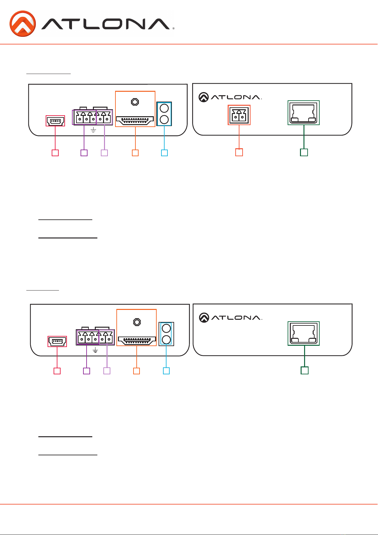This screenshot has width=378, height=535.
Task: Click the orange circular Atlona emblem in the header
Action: [x=23, y=23]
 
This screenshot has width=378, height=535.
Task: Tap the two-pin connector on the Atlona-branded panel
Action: [x=239, y=115]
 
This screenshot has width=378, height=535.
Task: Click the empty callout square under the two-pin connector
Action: [x=239, y=152]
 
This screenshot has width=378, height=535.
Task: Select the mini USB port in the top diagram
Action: [x=55, y=121]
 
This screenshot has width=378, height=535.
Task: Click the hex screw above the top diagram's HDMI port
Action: [x=135, y=102]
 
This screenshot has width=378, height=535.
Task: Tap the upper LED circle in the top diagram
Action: [x=164, y=108]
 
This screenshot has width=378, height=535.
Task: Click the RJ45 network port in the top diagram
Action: [x=303, y=113]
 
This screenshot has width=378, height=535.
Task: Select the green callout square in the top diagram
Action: [x=304, y=152]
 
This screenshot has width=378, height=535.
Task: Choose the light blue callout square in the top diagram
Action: [x=164, y=153]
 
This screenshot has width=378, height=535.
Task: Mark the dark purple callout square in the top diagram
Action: [x=84, y=153]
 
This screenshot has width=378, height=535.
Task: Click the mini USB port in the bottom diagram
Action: [x=57, y=342]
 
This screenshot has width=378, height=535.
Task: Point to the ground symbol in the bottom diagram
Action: [x=95, y=350]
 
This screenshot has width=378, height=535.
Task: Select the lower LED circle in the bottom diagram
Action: [x=166, y=339]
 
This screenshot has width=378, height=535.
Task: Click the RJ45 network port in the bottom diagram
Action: [x=303, y=333]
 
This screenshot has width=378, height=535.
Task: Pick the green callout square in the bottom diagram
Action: [x=304, y=371]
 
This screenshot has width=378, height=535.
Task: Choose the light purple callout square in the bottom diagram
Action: [x=107, y=371]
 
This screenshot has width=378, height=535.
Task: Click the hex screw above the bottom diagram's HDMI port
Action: [x=137, y=322]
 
